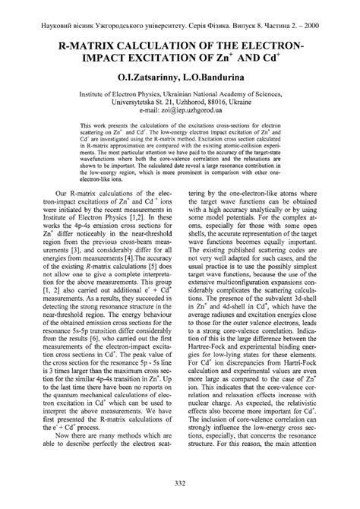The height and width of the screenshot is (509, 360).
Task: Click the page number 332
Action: click(x=180, y=485)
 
